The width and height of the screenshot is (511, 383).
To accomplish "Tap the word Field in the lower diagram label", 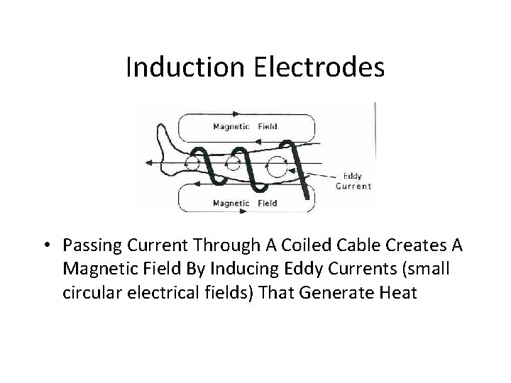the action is [267, 204].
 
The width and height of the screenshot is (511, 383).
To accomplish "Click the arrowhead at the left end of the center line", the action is [150, 162].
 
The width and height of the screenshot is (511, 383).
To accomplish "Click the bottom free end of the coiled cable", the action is [307, 196].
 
